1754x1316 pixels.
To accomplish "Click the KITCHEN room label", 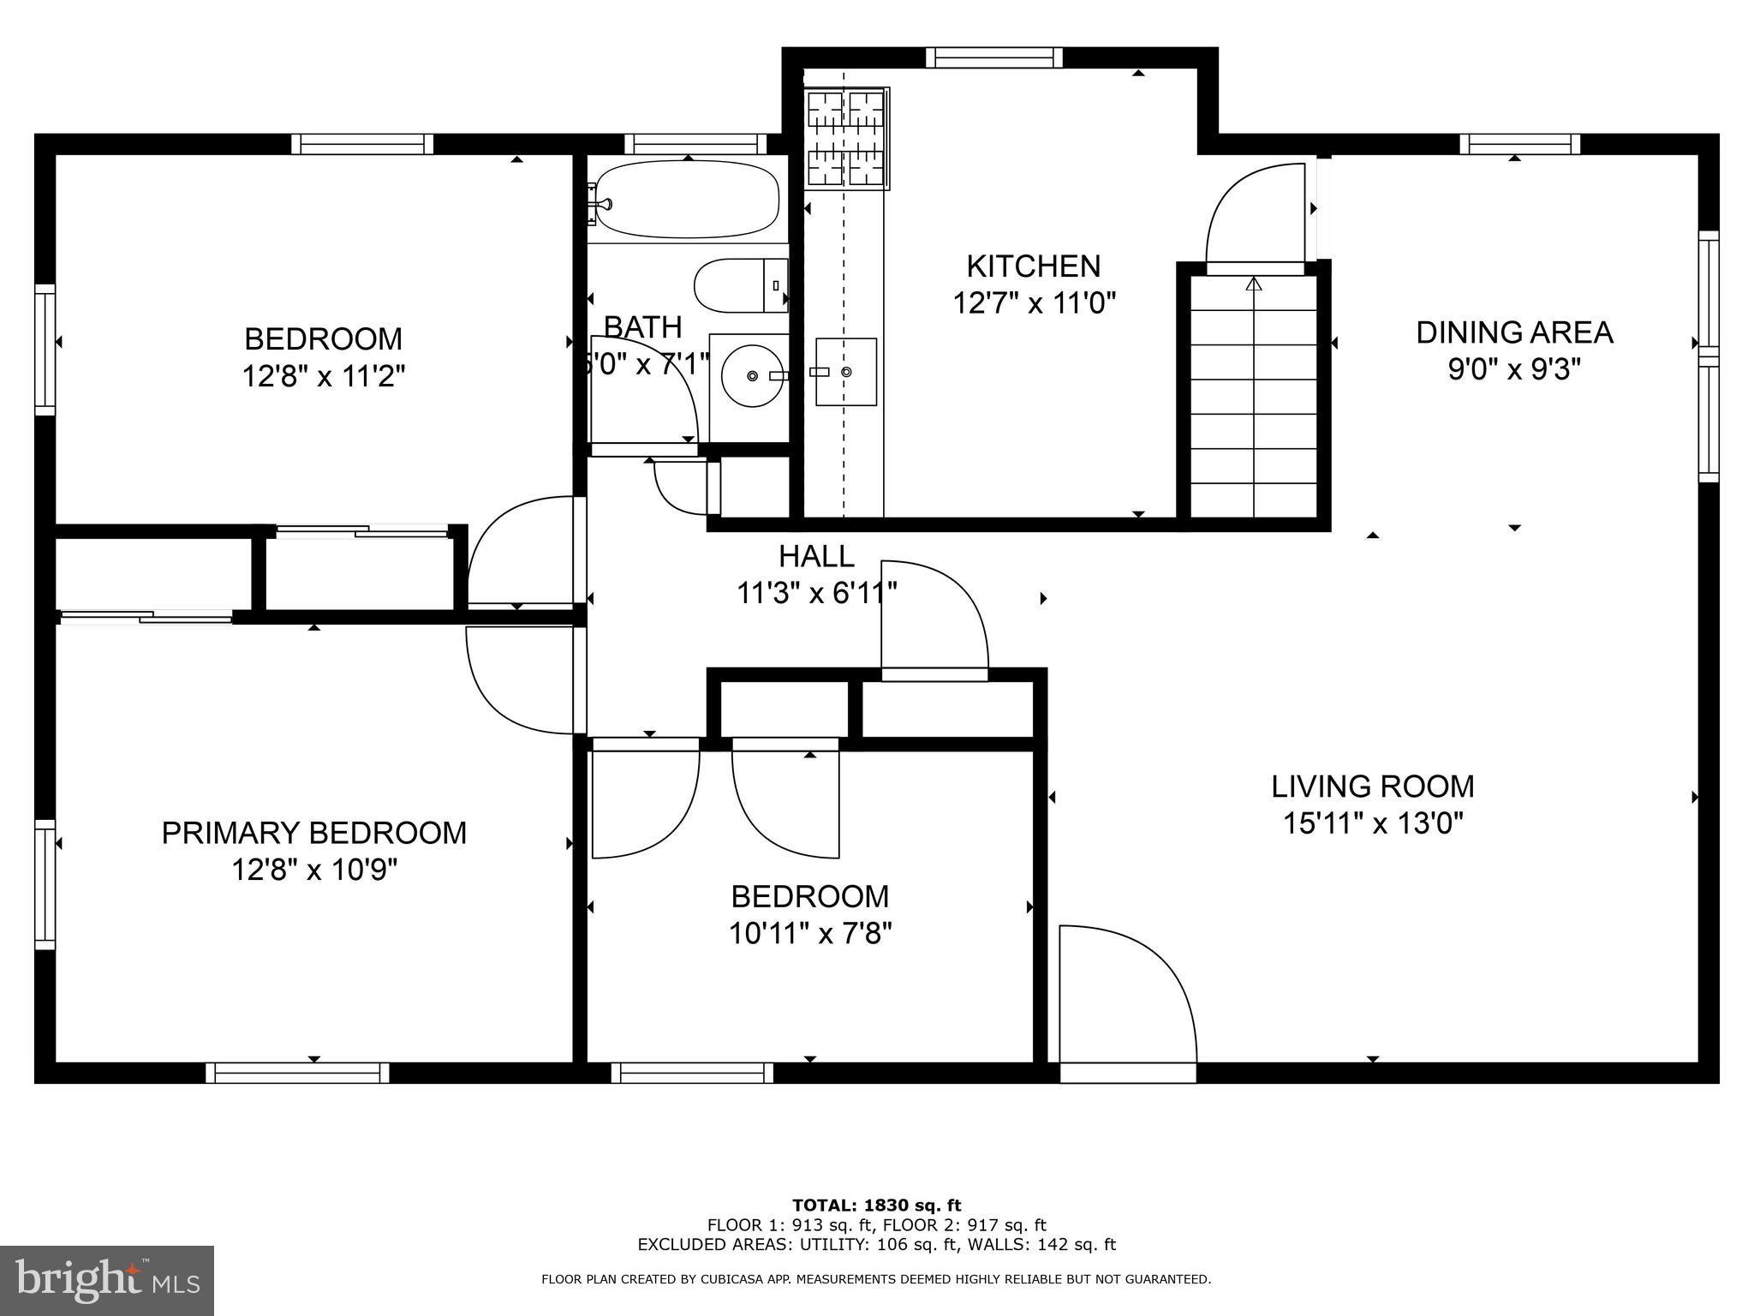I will [x=1033, y=266].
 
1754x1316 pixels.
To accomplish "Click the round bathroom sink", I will [x=750, y=375].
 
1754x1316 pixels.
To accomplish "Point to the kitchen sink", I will [x=845, y=372].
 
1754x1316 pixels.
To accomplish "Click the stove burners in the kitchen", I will [x=845, y=138].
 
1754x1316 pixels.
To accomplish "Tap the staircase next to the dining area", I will [x=1254, y=396].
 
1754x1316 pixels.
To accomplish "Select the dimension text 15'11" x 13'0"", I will [x=1372, y=823].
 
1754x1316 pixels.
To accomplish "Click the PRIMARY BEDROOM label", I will [x=314, y=832].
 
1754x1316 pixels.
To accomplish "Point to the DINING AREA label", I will [x=1513, y=332].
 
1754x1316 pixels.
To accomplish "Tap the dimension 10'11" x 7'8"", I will [x=809, y=933].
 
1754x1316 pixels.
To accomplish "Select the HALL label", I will [x=815, y=557].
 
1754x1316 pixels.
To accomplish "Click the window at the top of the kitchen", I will [x=993, y=57].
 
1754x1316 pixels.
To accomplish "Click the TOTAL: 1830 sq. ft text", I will [x=876, y=1205].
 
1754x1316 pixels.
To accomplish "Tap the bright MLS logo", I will [x=107, y=1280].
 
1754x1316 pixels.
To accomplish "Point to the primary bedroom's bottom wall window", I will [x=297, y=1073].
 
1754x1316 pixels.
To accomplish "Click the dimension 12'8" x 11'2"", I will [x=323, y=375].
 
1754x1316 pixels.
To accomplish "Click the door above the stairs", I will [x=1255, y=218].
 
